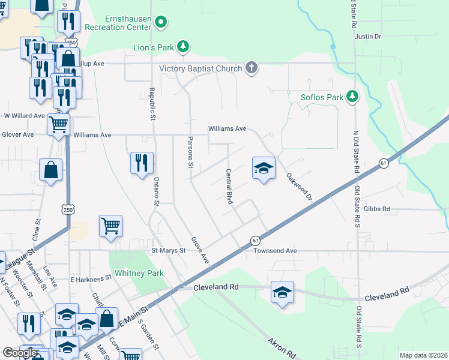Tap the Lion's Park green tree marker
(x=184, y=46)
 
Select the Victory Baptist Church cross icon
(x=252, y=68)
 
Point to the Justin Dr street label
(x=368, y=37)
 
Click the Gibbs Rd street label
(x=377, y=209)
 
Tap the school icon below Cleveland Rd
(x=282, y=292)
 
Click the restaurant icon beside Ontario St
(x=142, y=163)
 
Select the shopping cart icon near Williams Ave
(x=58, y=125)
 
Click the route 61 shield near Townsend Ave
(x=255, y=240)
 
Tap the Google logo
(x=20, y=353)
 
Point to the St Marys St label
(x=169, y=251)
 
